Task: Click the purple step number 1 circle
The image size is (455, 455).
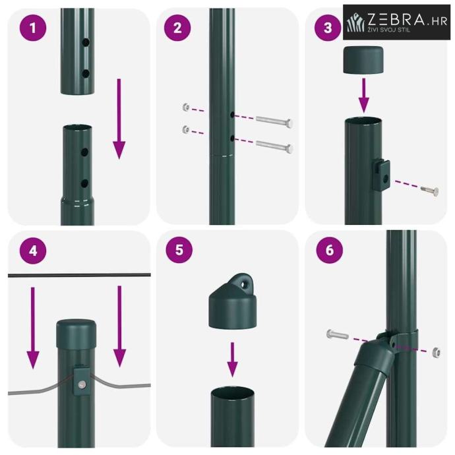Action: (x=33, y=28)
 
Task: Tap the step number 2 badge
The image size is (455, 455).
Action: (x=177, y=28)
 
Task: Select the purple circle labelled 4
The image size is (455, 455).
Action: (x=33, y=251)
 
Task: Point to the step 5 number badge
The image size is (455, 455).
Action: (x=179, y=250)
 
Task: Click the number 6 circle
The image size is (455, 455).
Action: (x=329, y=250)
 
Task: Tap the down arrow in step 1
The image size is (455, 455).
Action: (x=119, y=119)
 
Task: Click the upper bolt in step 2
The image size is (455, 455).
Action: (x=274, y=121)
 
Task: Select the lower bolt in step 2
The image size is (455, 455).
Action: (x=274, y=146)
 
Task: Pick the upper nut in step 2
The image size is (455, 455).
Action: (x=187, y=107)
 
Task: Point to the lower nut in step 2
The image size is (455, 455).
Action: (x=187, y=129)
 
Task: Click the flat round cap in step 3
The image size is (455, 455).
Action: (x=363, y=60)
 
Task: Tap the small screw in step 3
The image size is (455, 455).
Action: (x=430, y=191)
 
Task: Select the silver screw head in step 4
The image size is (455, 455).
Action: (x=82, y=385)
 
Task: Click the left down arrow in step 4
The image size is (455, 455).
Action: (x=33, y=328)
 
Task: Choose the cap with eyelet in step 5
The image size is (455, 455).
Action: (x=233, y=301)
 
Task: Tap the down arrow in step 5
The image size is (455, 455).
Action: (x=232, y=360)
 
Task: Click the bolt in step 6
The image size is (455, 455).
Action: (x=338, y=334)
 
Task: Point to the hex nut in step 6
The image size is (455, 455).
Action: (x=436, y=352)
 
